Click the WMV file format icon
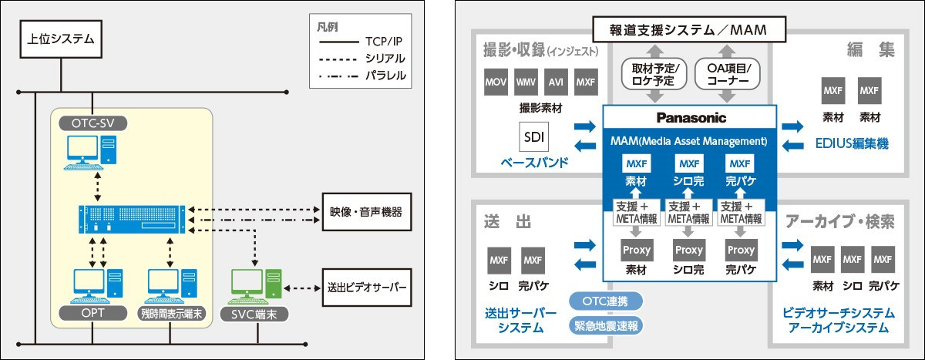526,82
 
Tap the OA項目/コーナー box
728,75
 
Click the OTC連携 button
606,299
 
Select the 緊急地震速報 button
606,325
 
